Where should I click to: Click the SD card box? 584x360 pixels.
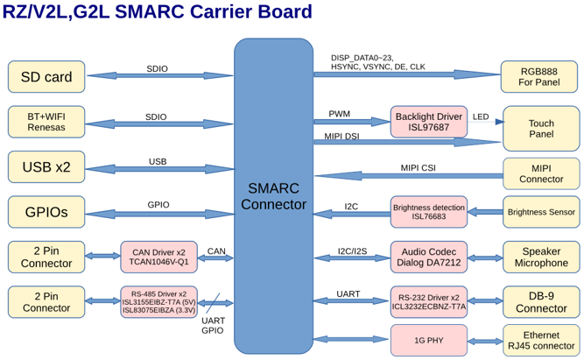(46, 77)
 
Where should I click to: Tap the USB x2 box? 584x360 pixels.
(46, 166)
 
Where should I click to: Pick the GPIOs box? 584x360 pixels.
(46, 211)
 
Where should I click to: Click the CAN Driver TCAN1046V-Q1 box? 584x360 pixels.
(158, 257)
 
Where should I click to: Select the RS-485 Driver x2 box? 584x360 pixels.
(158, 301)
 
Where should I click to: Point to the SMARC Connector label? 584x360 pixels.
(273, 196)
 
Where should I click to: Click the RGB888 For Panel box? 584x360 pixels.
(539, 76)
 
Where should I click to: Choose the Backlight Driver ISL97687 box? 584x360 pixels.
(428, 122)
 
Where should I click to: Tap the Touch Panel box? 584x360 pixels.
(541, 129)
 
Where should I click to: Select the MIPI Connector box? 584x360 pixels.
(541, 173)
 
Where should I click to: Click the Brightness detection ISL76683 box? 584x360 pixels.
(428, 212)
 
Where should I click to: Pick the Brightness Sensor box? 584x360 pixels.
(541, 212)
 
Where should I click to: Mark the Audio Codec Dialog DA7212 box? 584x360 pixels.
(428, 257)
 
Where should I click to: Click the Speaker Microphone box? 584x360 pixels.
(541, 257)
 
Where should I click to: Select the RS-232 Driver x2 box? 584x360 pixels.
(428, 301)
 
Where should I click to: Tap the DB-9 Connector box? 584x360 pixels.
(541, 301)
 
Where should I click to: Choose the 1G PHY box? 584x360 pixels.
(428, 340)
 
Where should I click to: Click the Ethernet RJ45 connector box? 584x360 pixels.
(541, 340)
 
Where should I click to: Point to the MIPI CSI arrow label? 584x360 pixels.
(419, 167)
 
